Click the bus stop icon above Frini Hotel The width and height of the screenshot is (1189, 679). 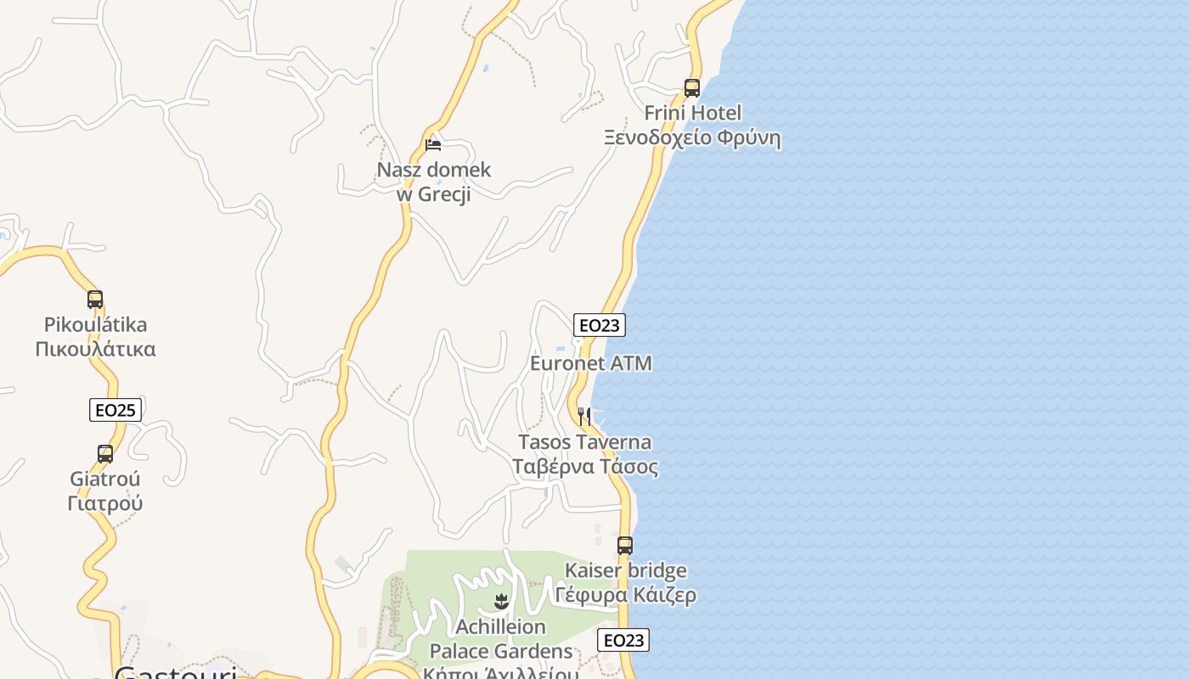tap(692, 87)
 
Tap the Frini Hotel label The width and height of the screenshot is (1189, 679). tap(692, 113)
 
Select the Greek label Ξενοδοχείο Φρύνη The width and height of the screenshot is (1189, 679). tap(692, 137)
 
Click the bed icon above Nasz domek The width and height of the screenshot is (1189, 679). tap(433, 145)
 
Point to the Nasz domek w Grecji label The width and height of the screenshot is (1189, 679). tap(434, 182)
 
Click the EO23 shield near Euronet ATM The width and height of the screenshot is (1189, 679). tap(600, 325)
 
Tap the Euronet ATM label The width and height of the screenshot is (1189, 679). tap(591, 363)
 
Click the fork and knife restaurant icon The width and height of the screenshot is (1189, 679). tap(584, 416)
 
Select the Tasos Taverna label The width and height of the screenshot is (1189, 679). tap(585, 442)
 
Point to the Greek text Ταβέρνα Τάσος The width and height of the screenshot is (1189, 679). tap(585, 467)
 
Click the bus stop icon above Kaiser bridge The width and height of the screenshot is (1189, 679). tap(625, 546)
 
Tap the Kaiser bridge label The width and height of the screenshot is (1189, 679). tap(626, 570)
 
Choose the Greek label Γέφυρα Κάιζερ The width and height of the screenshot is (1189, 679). tap(626, 595)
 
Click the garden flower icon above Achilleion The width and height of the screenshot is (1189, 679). tap(500, 602)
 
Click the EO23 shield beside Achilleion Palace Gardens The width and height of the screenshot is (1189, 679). tap(623, 640)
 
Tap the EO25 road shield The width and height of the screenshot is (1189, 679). tap(116, 410)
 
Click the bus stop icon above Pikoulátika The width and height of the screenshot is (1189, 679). tap(95, 300)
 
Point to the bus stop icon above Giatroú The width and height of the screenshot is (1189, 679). tap(105, 454)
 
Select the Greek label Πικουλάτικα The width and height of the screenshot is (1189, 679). tap(96, 349)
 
